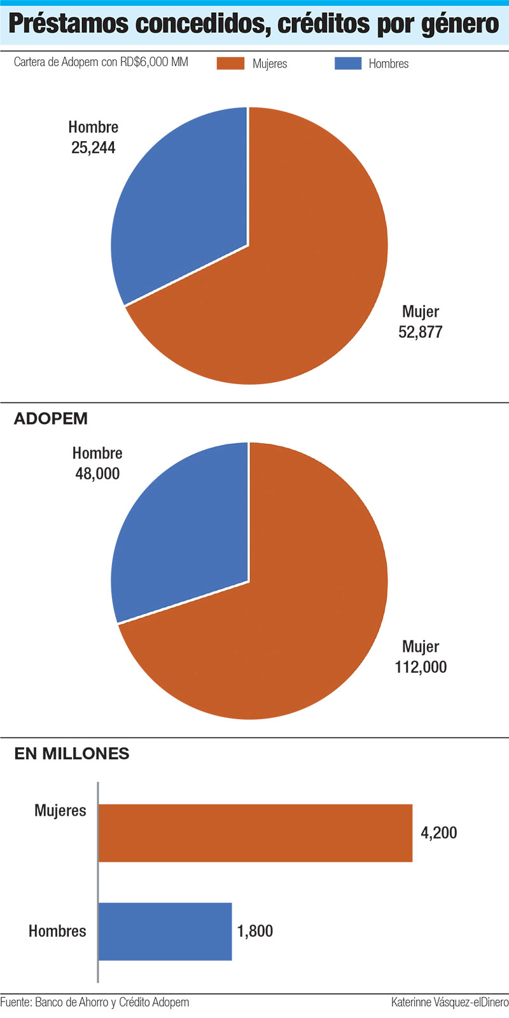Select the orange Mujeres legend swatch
click(x=230, y=64)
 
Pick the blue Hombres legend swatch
click(x=347, y=64)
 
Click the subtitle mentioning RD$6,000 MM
click(x=101, y=62)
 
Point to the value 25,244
click(x=94, y=148)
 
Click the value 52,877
click(x=420, y=332)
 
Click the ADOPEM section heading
click(x=51, y=419)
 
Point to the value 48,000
click(x=97, y=474)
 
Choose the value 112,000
click(x=421, y=667)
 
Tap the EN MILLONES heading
click(x=72, y=753)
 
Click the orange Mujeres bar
click(x=254, y=833)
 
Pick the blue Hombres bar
click(x=165, y=932)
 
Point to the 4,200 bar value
click(x=439, y=832)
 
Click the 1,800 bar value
click(x=255, y=931)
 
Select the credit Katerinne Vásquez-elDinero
click(x=450, y=1003)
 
